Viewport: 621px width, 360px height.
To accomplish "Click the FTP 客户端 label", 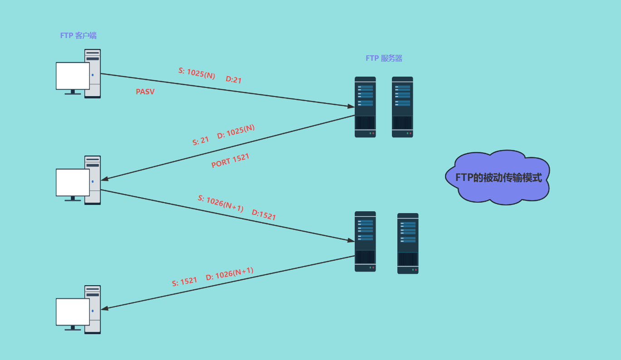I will (x=78, y=35).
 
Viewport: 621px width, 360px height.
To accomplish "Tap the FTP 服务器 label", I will (x=384, y=58).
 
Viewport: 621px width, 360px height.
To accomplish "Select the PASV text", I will (x=145, y=92).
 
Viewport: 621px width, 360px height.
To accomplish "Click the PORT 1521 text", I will (x=230, y=161).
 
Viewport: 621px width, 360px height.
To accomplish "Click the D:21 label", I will (x=234, y=80).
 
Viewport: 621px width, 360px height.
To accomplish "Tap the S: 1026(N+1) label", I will (x=221, y=204).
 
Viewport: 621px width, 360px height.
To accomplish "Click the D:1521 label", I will (x=264, y=215).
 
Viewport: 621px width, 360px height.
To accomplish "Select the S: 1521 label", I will (x=185, y=282).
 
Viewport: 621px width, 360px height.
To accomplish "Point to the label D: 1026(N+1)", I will (x=230, y=273).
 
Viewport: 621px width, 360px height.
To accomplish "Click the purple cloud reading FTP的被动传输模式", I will (x=499, y=177).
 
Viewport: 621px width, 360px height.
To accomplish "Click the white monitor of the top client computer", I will (x=73, y=76).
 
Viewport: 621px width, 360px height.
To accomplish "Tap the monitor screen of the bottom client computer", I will (x=73, y=311).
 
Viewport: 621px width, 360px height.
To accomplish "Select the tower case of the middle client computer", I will (x=93, y=180).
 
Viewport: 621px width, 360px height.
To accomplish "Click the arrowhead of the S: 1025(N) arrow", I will (x=351, y=106).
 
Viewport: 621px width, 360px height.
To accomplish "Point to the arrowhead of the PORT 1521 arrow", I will (x=105, y=179).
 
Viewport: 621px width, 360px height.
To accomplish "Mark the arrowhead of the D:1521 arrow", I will (x=351, y=240).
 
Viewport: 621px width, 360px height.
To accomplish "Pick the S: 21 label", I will (x=201, y=141).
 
